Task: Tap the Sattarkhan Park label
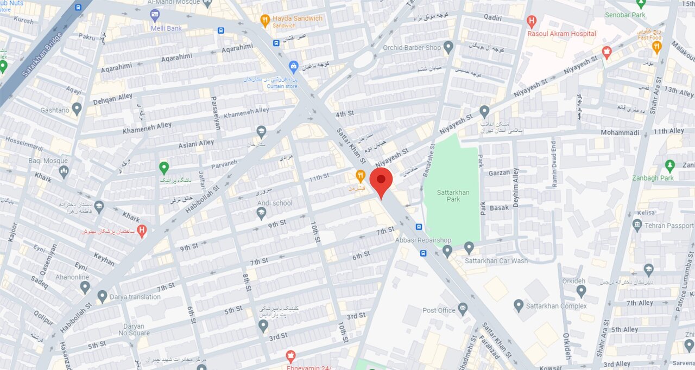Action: [453, 196]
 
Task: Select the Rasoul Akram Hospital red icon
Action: [532, 22]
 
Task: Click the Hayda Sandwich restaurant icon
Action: [265, 21]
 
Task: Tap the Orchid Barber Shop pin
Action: [448, 47]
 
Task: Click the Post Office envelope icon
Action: [463, 310]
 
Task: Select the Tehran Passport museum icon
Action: [637, 225]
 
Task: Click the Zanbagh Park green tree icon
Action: [669, 165]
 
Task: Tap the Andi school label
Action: [275, 203]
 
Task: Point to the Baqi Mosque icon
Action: [64, 172]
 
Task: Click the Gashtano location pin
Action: [77, 109]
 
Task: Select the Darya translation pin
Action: [102, 296]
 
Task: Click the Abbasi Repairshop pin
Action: [447, 250]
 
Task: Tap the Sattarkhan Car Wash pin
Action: [469, 248]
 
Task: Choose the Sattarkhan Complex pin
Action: [519, 306]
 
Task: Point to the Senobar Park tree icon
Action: [641, 4]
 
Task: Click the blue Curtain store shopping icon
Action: [294, 67]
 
